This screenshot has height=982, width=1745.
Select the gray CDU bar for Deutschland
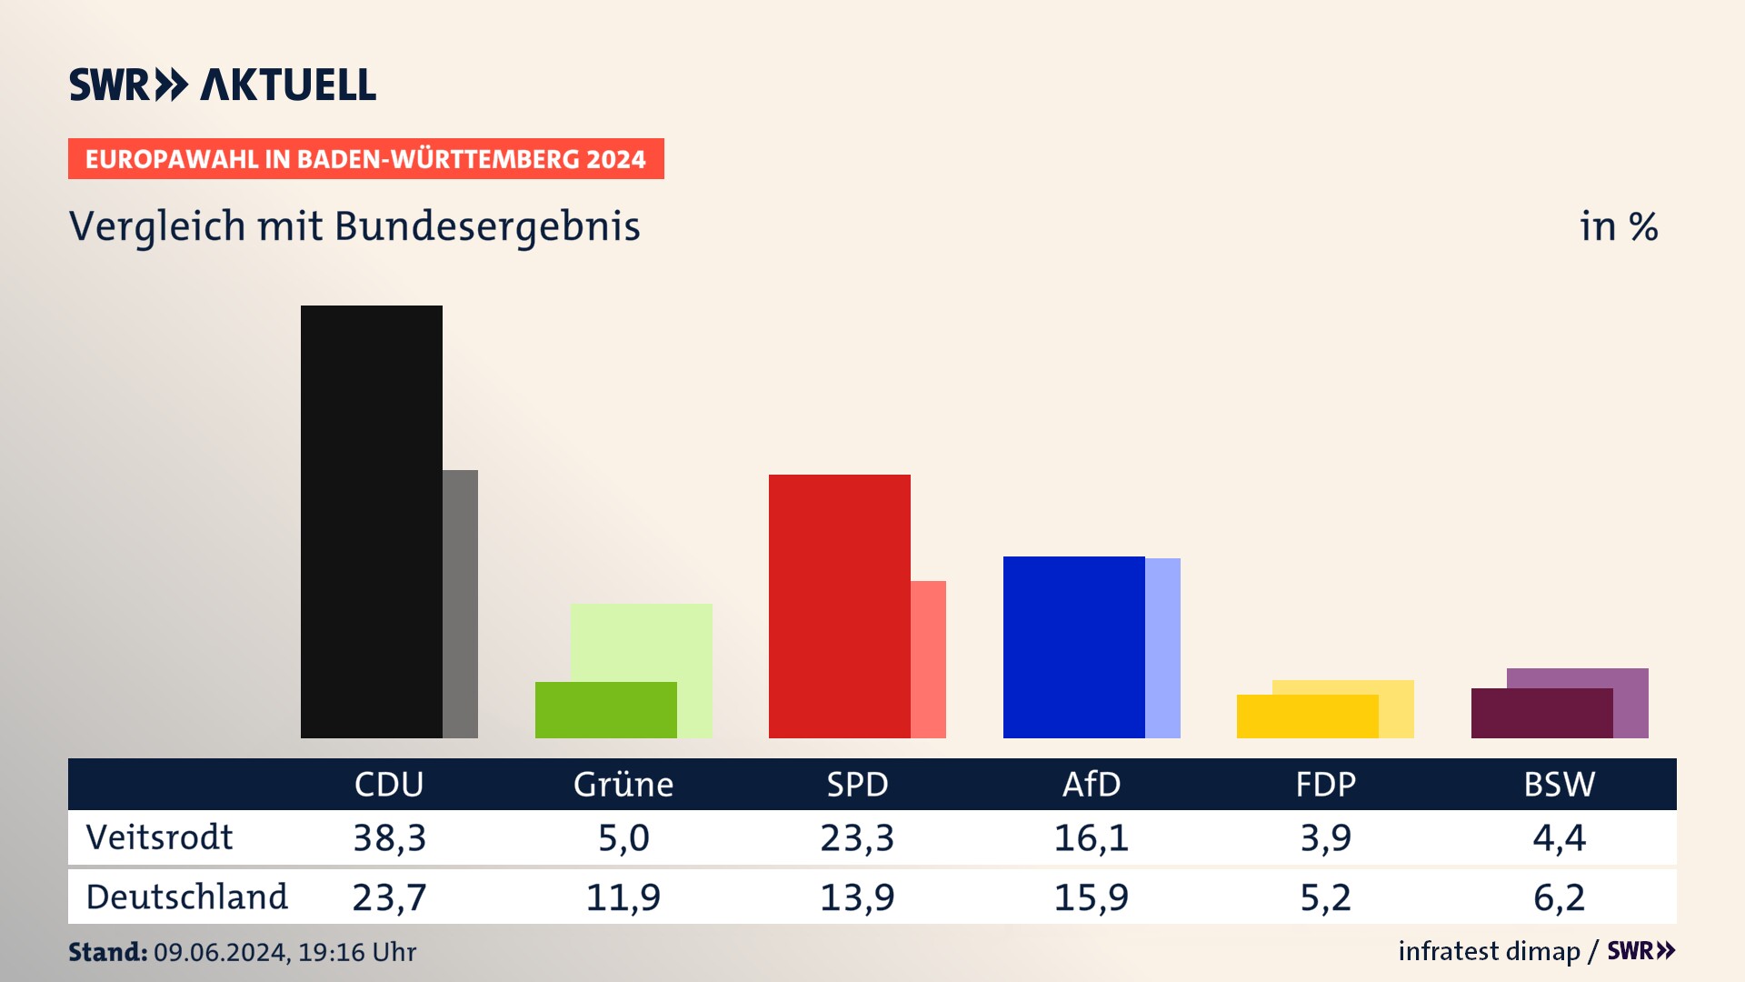tap(461, 604)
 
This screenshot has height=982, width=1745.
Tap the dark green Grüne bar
tap(605, 710)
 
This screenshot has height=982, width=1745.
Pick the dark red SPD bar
tap(839, 606)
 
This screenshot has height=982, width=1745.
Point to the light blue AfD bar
tap(1163, 647)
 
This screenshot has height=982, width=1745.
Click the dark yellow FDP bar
tap(1307, 716)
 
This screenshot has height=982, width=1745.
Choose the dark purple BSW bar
tap(1541, 714)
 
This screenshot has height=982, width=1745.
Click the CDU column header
tap(389, 785)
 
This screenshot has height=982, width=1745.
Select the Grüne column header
tap(623, 785)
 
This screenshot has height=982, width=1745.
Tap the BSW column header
tap(1560, 785)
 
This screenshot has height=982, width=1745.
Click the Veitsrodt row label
tap(159, 837)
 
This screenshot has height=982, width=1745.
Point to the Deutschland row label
tap(186, 897)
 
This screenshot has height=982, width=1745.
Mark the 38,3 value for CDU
tap(389, 837)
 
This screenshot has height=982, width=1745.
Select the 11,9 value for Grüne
tap(623, 897)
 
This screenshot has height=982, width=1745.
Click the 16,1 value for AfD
tap(1092, 837)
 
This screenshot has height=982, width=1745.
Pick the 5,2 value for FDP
tap(1326, 897)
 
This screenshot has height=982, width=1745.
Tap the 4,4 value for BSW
tap(1560, 837)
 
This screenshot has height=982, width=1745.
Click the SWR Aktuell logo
tap(223, 85)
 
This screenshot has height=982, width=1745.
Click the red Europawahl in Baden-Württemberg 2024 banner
tap(365, 159)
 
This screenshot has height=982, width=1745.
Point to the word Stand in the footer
tap(107, 952)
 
